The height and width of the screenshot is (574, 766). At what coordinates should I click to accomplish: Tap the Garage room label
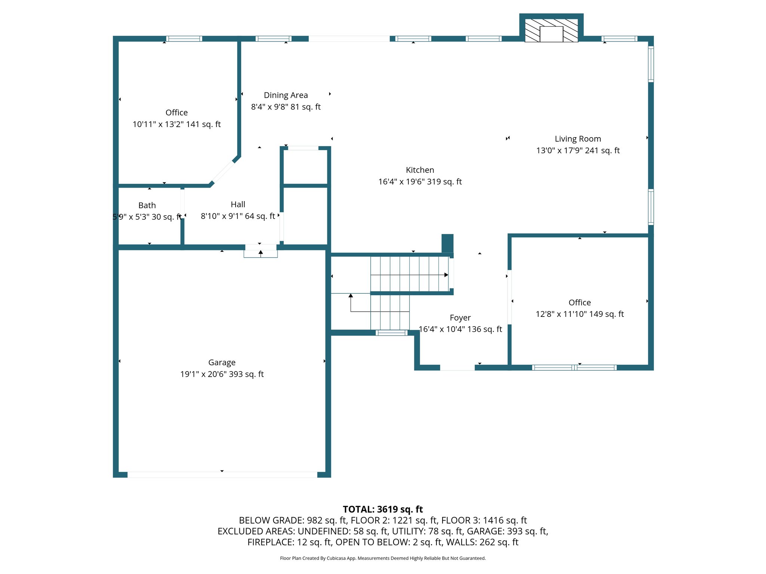click(x=222, y=362)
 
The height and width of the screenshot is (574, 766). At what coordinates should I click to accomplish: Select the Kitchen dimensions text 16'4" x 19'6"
click(x=420, y=182)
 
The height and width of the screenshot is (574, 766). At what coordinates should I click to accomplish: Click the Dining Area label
click(x=286, y=95)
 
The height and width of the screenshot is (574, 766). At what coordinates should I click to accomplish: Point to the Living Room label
click(x=577, y=139)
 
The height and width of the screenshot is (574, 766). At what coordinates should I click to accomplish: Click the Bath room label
click(x=147, y=206)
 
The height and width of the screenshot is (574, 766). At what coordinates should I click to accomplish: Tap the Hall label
click(x=238, y=204)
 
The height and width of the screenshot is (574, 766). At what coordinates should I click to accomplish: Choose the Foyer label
click(x=460, y=318)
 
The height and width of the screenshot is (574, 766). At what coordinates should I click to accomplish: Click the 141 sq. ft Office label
click(x=177, y=113)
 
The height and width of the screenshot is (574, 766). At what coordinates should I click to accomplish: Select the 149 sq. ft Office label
click(x=579, y=303)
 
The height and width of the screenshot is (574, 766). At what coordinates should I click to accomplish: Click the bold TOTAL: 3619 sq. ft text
click(x=383, y=509)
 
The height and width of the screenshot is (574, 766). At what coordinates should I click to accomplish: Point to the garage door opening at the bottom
click(x=222, y=475)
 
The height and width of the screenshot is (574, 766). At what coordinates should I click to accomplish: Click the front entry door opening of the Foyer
click(x=457, y=368)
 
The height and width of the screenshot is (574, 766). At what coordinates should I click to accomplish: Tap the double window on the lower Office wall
click(x=574, y=368)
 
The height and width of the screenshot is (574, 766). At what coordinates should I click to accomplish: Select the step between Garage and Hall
click(x=261, y=254)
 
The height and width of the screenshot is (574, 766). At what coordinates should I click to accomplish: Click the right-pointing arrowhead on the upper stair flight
click(x=446, y=275)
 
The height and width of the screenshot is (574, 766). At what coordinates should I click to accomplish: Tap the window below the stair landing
click(x=392, y=333)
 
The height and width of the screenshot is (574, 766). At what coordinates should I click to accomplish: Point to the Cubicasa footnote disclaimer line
click(x=383, y=558)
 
